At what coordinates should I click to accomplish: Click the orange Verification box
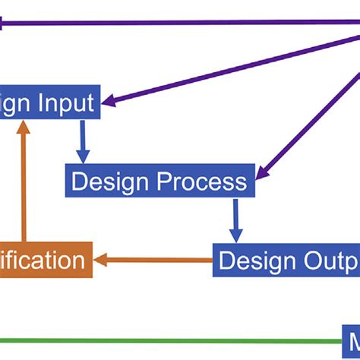(46, 261)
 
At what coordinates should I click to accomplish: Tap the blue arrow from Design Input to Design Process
(83, 140)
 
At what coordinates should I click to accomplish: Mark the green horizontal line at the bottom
(167, 341)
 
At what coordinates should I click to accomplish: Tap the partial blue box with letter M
(351, 341)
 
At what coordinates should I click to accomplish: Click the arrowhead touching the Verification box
(101, 261)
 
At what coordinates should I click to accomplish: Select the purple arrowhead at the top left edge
(4, 24)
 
